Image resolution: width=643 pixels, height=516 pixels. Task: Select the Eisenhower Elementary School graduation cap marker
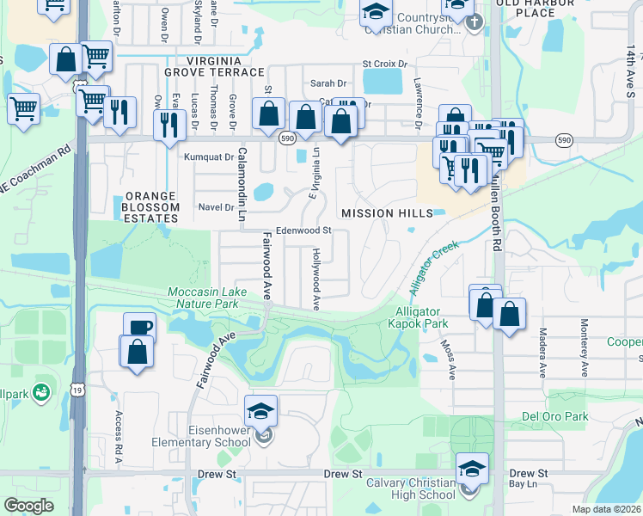[261, 411]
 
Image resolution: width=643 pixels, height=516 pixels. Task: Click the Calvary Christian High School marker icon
[471, 469]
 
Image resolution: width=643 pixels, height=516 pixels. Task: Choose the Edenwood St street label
[303, 230]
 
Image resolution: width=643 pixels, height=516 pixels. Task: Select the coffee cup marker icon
[139, 328]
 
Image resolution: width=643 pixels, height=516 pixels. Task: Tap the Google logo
[28, 506]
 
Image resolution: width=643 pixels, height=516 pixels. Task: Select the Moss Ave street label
[449, 359]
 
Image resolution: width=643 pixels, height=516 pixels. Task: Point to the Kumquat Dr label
[210, 157]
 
